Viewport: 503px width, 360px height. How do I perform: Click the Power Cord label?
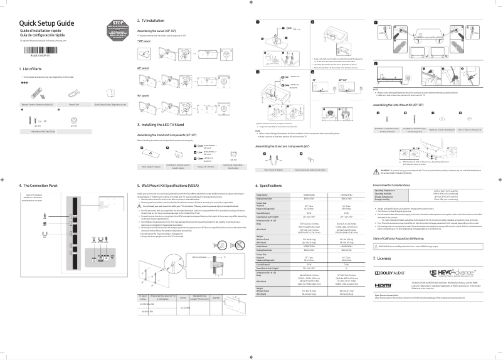(x=73, y=104)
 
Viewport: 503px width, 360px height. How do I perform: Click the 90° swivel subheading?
(x=144, y=95)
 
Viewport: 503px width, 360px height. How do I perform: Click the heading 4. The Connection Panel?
(x=39, y=186)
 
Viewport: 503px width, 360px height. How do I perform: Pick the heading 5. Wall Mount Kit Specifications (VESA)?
(x=179, y=186)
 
